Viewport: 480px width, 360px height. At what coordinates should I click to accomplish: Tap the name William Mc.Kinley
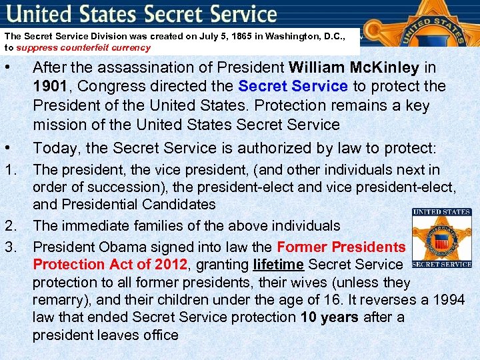(353, 67)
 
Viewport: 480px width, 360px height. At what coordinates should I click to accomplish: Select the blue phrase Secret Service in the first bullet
(293, 87)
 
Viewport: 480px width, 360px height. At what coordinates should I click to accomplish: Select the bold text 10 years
(331, 317)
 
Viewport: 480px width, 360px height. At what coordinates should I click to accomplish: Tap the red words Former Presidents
(341, 246)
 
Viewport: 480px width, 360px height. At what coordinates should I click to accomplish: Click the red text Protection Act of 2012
(110, 265)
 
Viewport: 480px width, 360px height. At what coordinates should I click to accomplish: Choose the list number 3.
(10, 246)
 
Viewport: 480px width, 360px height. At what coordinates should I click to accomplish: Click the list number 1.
(10, 171)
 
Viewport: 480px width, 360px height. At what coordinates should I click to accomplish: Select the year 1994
(447, 299)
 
